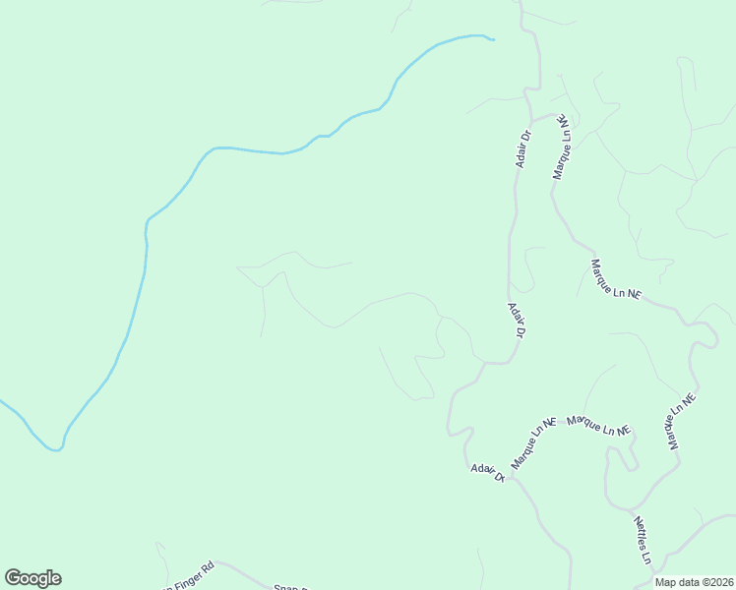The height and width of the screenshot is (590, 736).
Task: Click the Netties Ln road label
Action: coord(642,541)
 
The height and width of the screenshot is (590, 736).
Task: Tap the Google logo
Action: coord(32,578)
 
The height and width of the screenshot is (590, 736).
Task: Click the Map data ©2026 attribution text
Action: coord(694,582)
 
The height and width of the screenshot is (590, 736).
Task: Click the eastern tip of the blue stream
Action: coord(491,39)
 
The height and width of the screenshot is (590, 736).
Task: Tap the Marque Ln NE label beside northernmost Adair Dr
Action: coord(560,147)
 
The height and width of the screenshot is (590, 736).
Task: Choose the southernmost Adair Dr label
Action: coord(487,472)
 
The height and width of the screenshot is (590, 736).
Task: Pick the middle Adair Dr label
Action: coord(516,320)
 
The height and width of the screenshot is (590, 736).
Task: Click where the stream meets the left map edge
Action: coord(2,401)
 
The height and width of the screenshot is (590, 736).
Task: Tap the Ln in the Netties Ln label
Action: coord(647,558)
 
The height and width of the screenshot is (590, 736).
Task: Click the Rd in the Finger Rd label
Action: coord(208,568)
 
